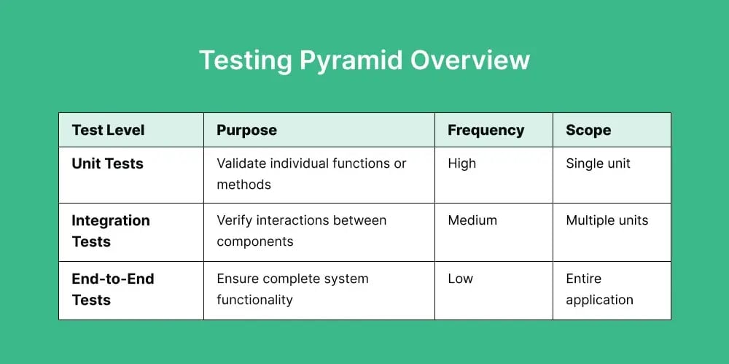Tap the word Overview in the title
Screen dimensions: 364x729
(469, 60)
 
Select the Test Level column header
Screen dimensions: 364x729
(108, 131)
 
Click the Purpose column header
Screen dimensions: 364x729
(246, 131)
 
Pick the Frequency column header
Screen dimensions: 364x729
(486, 131)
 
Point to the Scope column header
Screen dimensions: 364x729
(588, 131)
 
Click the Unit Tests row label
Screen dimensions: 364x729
(107, 163)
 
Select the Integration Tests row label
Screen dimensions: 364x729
(110, 231)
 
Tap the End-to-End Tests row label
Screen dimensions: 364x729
(112, 289)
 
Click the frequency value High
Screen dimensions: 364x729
(461, 163)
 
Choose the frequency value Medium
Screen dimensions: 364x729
(472, 220)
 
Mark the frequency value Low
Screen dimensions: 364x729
(460, 279)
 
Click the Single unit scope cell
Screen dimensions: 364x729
(598, 163)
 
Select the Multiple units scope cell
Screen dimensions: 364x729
(607, 220)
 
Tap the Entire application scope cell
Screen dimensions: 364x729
(599, 289)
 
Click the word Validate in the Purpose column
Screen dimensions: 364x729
(241, 163)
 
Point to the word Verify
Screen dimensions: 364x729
(234, 220)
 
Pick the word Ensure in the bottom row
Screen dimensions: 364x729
(238, 279)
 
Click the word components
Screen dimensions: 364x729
(254, 241)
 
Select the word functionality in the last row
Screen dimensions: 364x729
(254, 300)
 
